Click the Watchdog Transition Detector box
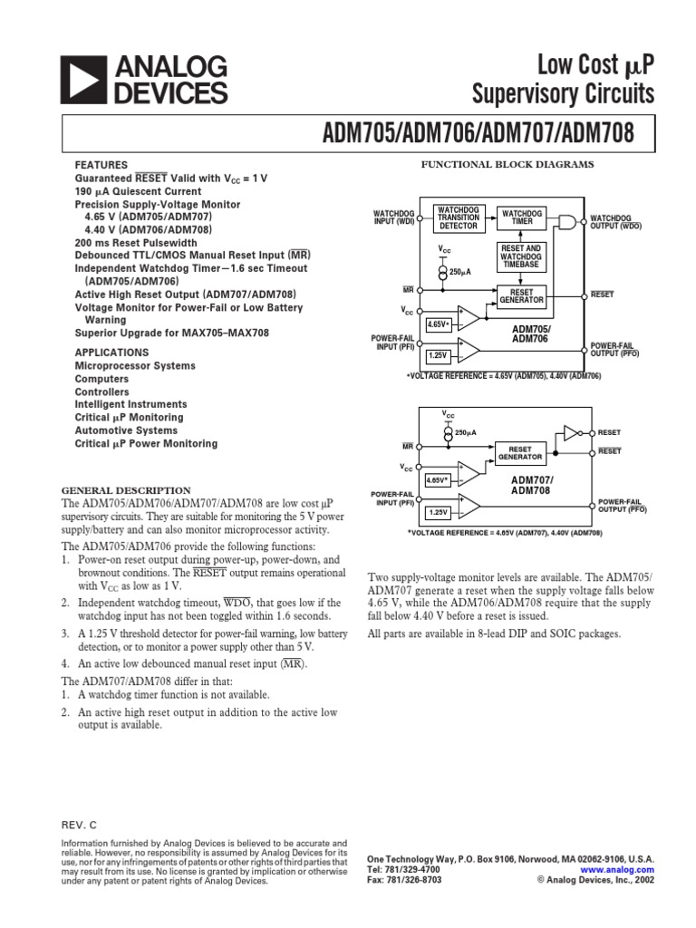tap(457, 217)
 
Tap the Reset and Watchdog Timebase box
tap(520, 257)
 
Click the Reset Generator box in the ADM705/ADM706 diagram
tap(520, 296)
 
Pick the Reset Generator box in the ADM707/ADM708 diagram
tap(520, 452)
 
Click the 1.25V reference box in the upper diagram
tap(438, 356)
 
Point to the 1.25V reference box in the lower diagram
tap(438, 512)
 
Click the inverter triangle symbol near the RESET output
tap(571, 432)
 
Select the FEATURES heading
tap(101, 166)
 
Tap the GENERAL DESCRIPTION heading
tap(126, 490)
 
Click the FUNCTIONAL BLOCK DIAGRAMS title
tap(506, 164)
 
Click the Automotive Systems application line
tap(126, 430)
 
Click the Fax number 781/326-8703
tap(405, 880)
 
